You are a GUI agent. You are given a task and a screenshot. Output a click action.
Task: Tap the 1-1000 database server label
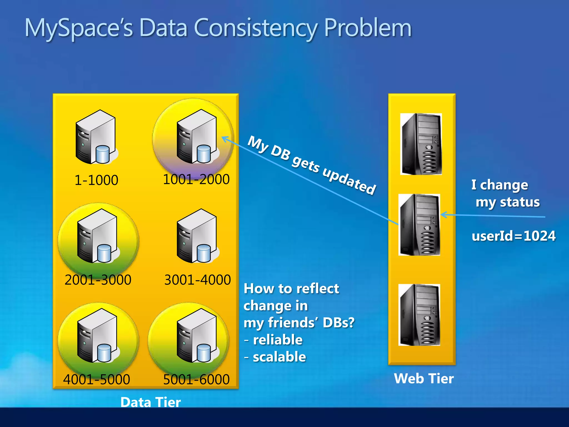pyautogui.click(x=96, y=180)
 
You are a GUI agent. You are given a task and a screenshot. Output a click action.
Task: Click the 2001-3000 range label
pyautogui.click(x=98, y=280)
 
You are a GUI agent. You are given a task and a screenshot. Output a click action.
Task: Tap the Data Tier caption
pyautogui.click(x=151, y=402)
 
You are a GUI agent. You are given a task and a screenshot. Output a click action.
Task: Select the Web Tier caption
pyautogui.click(x=424, y=379)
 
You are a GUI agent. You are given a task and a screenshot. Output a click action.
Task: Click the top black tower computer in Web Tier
pyautogui.click(x=421, y=144)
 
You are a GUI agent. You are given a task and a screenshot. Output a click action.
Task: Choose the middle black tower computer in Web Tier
pyautogui.click(x=419, y=225)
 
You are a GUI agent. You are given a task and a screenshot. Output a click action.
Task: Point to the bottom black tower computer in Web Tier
pyautogui.click(x=419, y=315)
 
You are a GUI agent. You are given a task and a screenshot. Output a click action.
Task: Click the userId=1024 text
pyautogui.click(x=513, y=236)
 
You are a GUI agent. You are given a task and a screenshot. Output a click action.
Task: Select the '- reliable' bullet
pyautogui.click(x=274, y=340)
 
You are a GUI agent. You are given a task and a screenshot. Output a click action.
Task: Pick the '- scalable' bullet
pyautogui.click(x=275, y=357)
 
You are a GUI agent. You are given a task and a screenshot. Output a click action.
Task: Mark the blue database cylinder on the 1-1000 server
pyautogui.click(x=103, y=154)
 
